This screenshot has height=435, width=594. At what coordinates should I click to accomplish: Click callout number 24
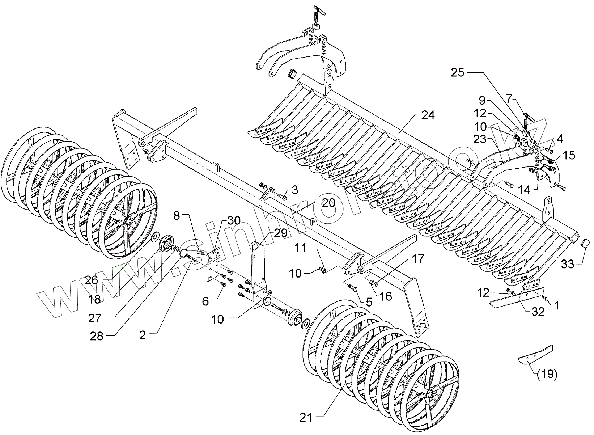[x=428, y=115]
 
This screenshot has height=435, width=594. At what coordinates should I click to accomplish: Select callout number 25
[x=457, y=72]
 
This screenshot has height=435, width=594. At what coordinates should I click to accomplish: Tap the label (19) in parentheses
[x=547, y=374]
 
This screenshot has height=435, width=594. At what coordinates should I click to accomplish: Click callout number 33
[x=567, y=265]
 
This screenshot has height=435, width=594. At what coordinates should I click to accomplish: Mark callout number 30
[x=234, y=220]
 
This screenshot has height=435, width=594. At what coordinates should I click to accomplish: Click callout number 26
[x=92, y=280]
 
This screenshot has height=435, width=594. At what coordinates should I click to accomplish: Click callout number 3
[x=295, y=190]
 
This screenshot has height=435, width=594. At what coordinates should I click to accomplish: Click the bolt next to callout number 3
[x=283, y=198]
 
